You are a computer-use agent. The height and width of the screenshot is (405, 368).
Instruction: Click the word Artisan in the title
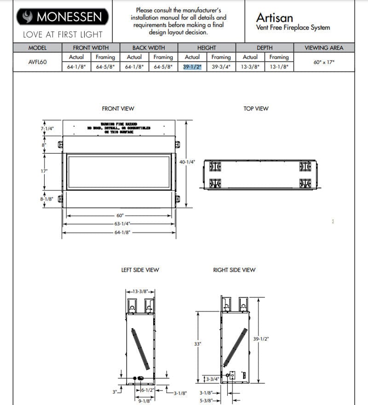coord(274,18)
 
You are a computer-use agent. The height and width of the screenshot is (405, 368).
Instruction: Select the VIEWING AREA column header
coord(323,47)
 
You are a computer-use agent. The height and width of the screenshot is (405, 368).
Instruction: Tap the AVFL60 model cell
coord(37,62)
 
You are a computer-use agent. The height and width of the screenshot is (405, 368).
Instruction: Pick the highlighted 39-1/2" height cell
coord(192,66)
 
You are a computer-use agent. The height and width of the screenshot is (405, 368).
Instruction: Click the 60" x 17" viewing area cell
coord(323,62)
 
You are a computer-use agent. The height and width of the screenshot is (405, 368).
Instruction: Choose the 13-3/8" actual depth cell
coord(250,66)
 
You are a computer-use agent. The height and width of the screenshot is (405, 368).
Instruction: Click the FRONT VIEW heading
coord(118,109)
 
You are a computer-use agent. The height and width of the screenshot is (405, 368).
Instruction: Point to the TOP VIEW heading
coord(255,109)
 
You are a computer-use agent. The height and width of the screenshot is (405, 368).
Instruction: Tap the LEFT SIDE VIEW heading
coord(140,270)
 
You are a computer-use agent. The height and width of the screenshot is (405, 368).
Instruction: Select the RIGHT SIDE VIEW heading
coord(234,270)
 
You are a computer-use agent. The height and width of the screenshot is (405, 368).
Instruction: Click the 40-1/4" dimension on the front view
coord(187,162)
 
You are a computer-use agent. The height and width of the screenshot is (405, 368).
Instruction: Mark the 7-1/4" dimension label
coord(47,128)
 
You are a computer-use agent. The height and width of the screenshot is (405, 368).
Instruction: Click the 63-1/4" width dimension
coord(123,224)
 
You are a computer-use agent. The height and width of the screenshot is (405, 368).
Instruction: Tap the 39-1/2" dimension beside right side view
coord(261,339)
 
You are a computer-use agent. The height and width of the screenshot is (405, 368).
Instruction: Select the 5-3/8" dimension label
coord(207,401)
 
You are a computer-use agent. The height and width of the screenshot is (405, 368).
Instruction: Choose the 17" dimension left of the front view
coord(45,171)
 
